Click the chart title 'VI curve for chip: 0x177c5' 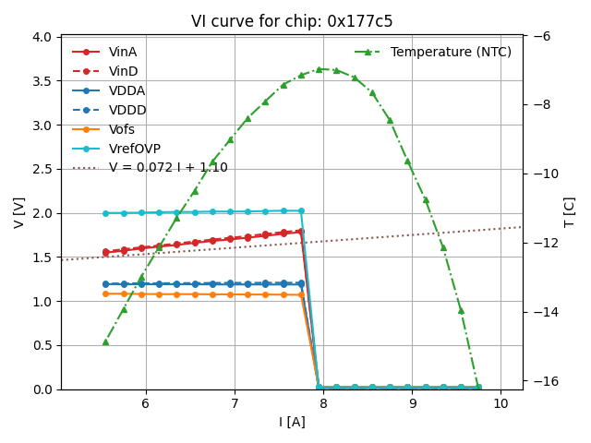292,21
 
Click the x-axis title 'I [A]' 292,422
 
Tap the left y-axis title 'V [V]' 19,213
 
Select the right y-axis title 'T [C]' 570,212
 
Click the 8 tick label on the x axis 323,404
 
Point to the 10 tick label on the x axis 501,404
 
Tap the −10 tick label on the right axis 542,174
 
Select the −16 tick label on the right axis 542,380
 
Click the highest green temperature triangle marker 319,69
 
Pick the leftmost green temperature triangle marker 105,341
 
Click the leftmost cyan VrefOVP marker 105,213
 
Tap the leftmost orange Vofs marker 105,293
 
